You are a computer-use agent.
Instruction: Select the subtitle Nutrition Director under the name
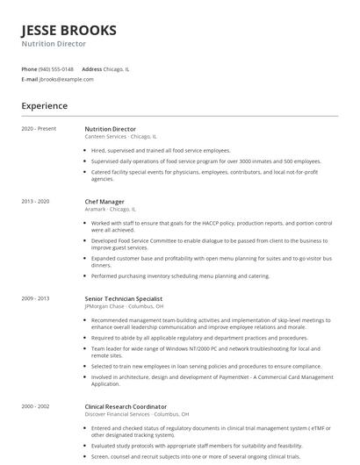(54, 43)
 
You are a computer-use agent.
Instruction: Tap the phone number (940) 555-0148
(57, 68)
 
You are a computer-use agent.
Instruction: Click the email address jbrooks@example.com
(67, 79)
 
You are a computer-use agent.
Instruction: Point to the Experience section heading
(44, 106)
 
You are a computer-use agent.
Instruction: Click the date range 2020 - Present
(39, 129)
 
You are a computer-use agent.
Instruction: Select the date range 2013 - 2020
(35, 202)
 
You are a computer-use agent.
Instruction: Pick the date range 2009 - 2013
(35, 298)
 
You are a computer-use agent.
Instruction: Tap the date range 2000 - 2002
(35, 407)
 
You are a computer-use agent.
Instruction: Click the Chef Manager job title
(104, 202)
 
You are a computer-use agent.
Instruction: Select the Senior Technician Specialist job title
(124, 298)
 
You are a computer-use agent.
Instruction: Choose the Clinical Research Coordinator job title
(126, 407)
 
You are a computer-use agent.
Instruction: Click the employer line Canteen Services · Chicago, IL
(120, 137)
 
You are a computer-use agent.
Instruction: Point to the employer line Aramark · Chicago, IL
(110, 210)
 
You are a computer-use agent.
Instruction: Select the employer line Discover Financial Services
(124, 415)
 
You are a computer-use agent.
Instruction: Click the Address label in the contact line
(91, 68)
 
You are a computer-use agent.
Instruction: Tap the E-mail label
(29, 79)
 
